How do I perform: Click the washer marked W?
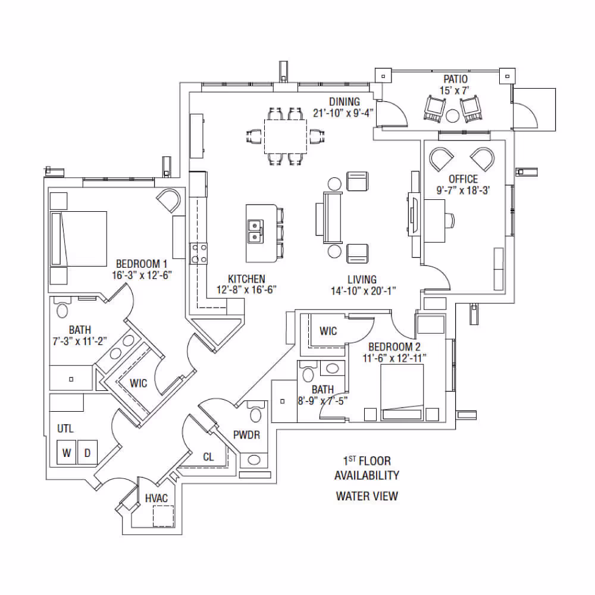[67, 452]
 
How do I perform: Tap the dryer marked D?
[87, 452]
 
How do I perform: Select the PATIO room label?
[455, 79]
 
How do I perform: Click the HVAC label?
[156, 498]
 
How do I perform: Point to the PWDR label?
[247, 435]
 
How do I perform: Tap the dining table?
[286, 136]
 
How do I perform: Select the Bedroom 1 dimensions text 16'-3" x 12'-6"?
[142, 275]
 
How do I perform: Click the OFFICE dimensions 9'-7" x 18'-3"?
[463, 190]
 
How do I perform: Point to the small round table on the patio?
[452, 115]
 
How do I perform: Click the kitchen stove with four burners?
[199, 253]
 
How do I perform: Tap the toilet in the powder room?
[256, 412]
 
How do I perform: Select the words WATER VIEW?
[367, 496]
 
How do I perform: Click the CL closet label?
[208, 457]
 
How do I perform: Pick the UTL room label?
[65, 429]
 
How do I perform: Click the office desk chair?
[449, 221]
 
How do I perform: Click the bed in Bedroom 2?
[402, 392]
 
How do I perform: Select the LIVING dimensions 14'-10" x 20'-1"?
[363, 291]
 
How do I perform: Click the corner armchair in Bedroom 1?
[168, 201]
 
